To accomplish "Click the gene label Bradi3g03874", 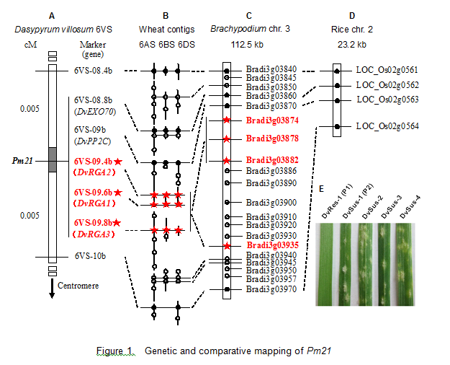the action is (x=272, y=120).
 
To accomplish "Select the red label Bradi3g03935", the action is (x=273, y=245).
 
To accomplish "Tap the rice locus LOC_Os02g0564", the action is (x=387, y=126).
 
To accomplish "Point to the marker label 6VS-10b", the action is (x=90, y=255).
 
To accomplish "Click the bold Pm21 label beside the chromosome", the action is (x=22, y=161).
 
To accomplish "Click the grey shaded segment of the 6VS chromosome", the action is (x=53, y=159).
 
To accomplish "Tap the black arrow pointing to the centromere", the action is (x=52, y=289).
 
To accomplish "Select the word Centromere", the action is (x=78, y=286).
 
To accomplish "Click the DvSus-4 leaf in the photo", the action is (x=405, y=264).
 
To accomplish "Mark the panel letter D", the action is (x=352, y=16).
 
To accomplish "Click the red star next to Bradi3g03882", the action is (x=227, y=160).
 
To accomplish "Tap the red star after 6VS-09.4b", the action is (x=118, y=162).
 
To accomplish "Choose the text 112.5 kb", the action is (x=247, y=45).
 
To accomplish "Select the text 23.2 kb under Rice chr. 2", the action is (x=352, y=45).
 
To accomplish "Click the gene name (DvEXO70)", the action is (x=95, y=112).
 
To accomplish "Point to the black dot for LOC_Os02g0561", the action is (x=337, y=71).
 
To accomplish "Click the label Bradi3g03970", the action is (x=271, y=289).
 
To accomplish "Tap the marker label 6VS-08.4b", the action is (x=93, y=71).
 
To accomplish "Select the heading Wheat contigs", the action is (x=167, y=30).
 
